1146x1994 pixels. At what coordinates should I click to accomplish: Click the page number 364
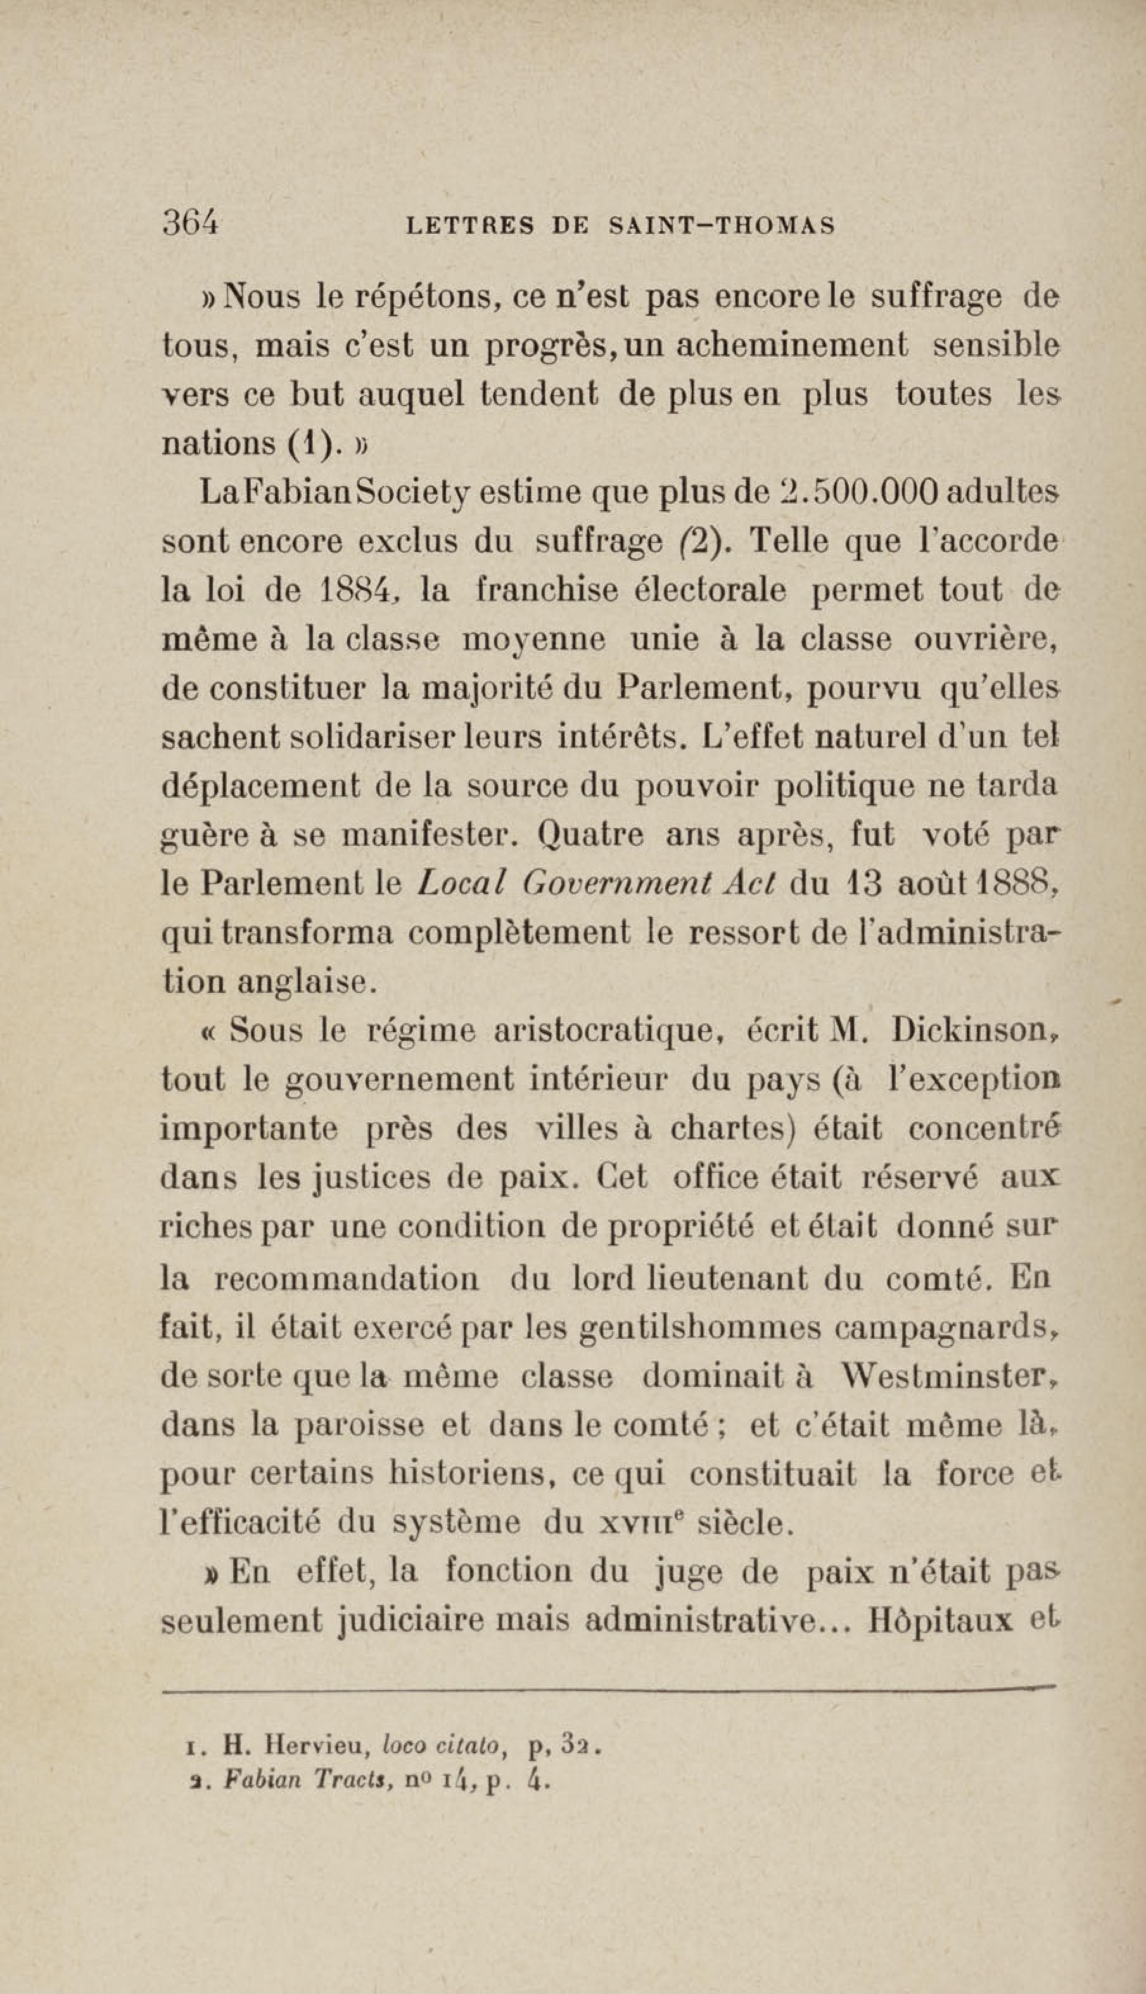click(189, 224)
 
